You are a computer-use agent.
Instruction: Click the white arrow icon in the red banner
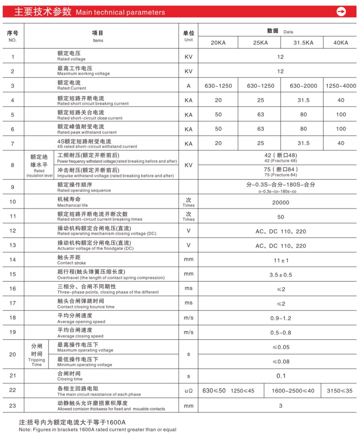(341, 12)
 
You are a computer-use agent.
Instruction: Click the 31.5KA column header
(303, 43)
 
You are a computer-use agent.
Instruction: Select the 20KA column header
(218, 43)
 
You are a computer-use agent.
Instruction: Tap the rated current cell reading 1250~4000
(341, 86)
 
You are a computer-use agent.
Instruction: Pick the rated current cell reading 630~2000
(303, 86)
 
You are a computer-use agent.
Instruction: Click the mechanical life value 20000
(280, 202)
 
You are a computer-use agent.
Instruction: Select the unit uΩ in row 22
(188, 391)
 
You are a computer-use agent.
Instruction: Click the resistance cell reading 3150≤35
(339, 391)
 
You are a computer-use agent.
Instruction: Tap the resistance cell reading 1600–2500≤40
(293, 391)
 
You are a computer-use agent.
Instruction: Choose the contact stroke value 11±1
(281, 260)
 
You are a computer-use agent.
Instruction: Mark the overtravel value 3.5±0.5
(280, 275)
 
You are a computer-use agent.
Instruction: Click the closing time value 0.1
(281, 376)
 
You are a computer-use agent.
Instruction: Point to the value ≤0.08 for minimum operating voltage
(281, 362)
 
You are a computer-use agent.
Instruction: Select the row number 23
(13, 405)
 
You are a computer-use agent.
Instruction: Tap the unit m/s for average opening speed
(188, 318)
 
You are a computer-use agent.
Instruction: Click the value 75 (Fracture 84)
(280, 172)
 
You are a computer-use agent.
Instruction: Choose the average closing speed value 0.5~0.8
(280, 333)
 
